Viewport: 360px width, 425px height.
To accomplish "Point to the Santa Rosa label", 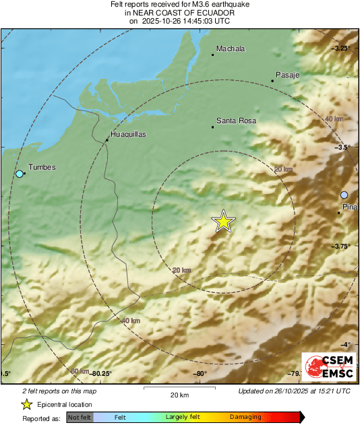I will coord(237,121).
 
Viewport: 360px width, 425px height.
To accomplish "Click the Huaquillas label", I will coord(127,134).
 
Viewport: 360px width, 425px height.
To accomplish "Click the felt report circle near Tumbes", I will coord(20,174).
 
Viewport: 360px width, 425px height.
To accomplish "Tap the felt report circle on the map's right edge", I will coord(344,195).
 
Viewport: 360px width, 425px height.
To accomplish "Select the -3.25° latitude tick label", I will coord(342,48).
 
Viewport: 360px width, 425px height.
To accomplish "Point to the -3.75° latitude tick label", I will coord(342,247).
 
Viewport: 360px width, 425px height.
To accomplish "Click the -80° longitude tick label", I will coord(200,373).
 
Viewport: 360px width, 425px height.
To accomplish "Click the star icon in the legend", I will coord(26,404).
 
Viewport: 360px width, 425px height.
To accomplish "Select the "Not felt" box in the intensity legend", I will coord(79,417).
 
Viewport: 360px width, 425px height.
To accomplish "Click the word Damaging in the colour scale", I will coord(245,417).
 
